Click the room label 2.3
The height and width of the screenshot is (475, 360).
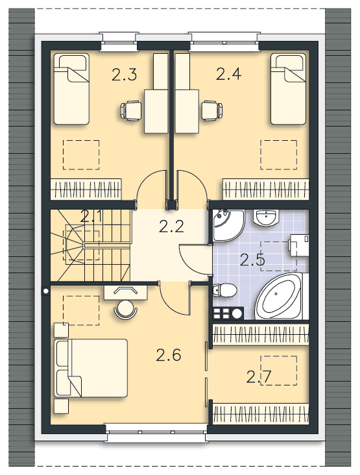(124, 75)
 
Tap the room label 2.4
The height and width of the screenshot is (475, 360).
(228, 74)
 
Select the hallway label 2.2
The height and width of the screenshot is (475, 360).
(171, 226)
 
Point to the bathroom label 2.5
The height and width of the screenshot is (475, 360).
(252, 260)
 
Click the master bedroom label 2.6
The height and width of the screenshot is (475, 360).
(169, 355)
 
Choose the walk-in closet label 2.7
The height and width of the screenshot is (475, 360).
(259, 376)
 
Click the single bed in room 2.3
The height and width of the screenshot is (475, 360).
(71, 89)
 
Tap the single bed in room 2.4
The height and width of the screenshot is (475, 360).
(288, 89)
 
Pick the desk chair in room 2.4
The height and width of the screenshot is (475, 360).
(212, 110)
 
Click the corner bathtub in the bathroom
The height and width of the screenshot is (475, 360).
(279, 296)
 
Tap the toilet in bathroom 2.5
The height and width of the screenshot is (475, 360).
(224, 290)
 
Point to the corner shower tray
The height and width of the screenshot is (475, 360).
(228, 225)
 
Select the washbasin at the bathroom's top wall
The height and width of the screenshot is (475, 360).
(266, 217)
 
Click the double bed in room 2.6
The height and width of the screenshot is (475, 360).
(91, 368)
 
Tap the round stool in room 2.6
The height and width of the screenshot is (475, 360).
(125, 309)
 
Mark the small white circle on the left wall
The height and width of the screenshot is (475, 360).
(45, 291)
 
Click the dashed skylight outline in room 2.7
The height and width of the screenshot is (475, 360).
(278, 371)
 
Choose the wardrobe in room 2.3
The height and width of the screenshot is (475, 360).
(86, 189)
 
